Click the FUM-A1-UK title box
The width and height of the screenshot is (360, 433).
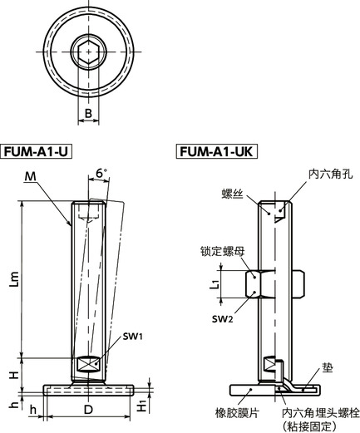tap(215, 153)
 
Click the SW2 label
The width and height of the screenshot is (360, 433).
tap(220, 317)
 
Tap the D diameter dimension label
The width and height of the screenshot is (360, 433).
tap(89, 411)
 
